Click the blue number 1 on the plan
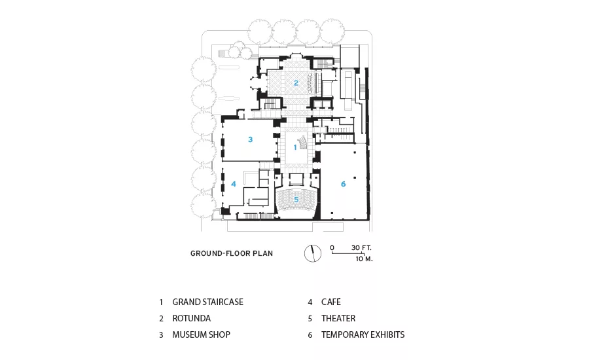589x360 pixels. (295, 147)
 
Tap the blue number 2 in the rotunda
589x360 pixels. (296, 83)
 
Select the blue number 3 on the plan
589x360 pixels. (251, 139)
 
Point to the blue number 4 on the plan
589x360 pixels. (234, 184)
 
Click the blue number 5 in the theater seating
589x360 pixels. (296, 200)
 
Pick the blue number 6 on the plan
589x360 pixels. (343, 184)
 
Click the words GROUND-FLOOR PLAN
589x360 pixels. (232, 253)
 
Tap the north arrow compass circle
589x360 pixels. (313, 253)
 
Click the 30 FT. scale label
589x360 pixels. (361, 247)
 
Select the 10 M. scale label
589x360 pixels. (364, 259)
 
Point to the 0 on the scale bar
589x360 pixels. (332, 247)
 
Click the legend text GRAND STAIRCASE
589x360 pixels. (207, 302)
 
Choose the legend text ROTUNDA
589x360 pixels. (192, 318)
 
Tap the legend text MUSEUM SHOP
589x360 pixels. (202, 334)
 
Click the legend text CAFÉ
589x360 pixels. (331, 302)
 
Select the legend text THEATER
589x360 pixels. (338, 318)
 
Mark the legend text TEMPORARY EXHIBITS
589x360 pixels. (363, 334)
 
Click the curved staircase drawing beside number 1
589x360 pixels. (303, 143)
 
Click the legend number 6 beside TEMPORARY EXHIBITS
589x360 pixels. (310, 335)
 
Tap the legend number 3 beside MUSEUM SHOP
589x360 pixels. (161, 335)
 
